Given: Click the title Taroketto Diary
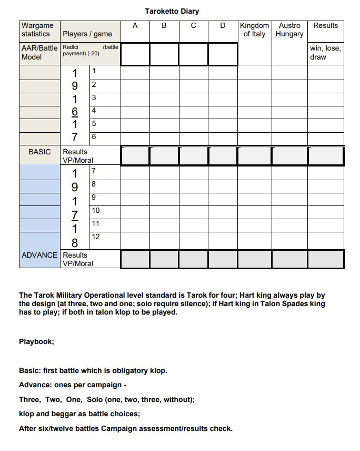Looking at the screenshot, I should (x=172, y=11).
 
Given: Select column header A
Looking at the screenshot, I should (x=135, y=25).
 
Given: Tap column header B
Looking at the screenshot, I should (x=164, y=25).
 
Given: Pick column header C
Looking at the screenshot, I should (x=194, y=25).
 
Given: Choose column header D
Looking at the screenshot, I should (x=223, y=25).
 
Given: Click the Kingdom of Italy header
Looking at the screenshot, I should (x=254, y=30).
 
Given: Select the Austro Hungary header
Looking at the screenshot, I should (x=289, y=30).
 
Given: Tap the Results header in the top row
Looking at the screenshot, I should (x=325, y=25).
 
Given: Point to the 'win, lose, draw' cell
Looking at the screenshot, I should (x=325, y=53).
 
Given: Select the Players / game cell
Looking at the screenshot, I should (x=87, y=34).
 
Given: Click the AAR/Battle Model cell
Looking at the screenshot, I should (x=39, y=53).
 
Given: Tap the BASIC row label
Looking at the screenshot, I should (x=39, y=152).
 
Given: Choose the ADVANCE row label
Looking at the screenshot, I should (x=39, y=255).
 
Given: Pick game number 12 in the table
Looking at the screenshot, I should (x=96, y=237).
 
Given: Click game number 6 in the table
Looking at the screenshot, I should (x=94, y=137).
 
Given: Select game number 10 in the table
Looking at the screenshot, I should (x=96, y=211).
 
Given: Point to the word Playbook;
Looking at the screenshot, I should (x=36, y=341).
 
